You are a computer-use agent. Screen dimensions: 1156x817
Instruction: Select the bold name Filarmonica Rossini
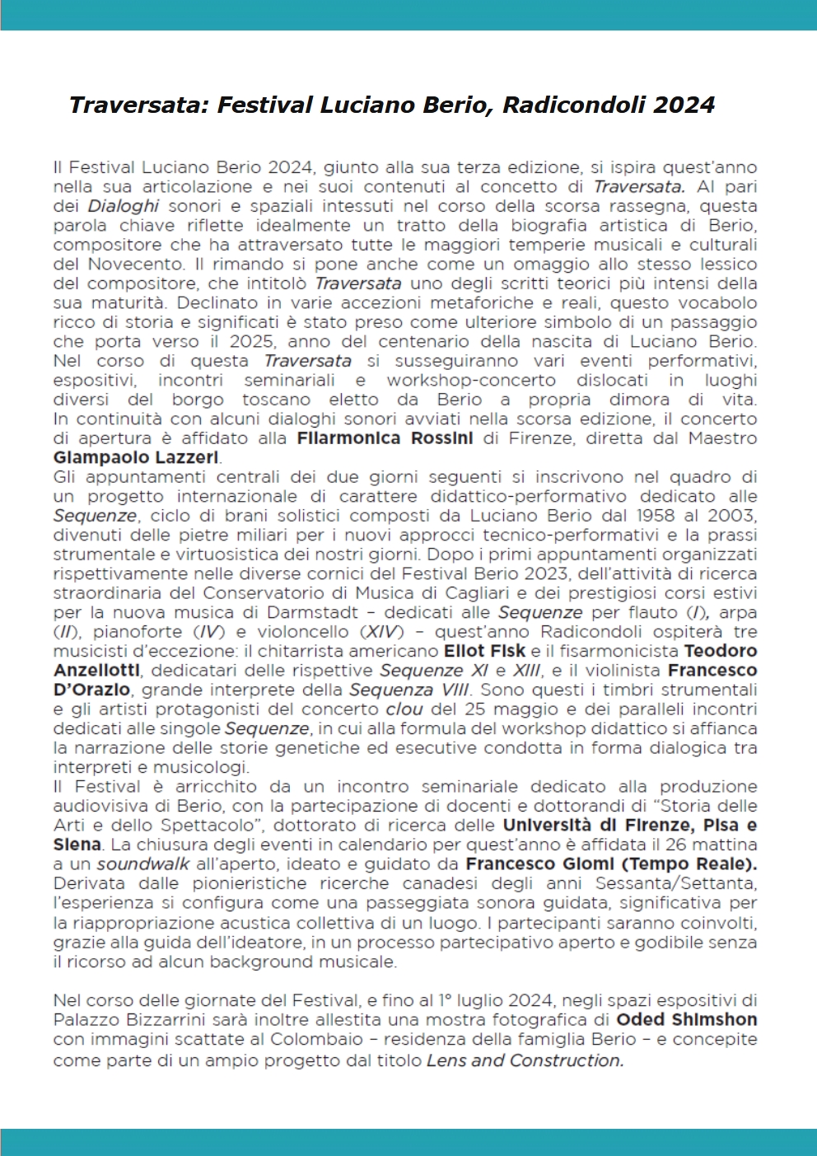385,438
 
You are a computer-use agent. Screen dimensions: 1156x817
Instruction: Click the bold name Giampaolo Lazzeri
136,457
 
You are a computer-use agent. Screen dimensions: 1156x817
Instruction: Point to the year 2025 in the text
251,341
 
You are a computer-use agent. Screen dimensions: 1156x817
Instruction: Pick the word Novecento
136,264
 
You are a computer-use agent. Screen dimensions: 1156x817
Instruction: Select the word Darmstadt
313,612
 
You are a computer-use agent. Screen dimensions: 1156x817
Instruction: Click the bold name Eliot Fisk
484,651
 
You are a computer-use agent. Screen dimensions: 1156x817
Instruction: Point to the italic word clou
404,709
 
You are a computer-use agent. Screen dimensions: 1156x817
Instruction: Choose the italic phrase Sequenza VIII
409,690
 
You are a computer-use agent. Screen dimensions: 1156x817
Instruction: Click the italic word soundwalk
143,864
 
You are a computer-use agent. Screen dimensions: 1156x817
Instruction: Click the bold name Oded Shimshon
686,1020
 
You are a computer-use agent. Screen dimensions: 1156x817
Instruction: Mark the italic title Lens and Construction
525,1060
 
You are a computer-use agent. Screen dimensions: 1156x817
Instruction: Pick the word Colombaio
317,1040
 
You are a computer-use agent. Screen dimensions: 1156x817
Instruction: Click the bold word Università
547,826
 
